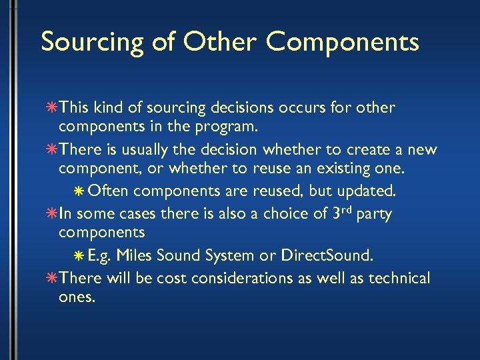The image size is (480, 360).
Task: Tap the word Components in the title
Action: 343,42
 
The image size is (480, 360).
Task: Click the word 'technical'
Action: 395,277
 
